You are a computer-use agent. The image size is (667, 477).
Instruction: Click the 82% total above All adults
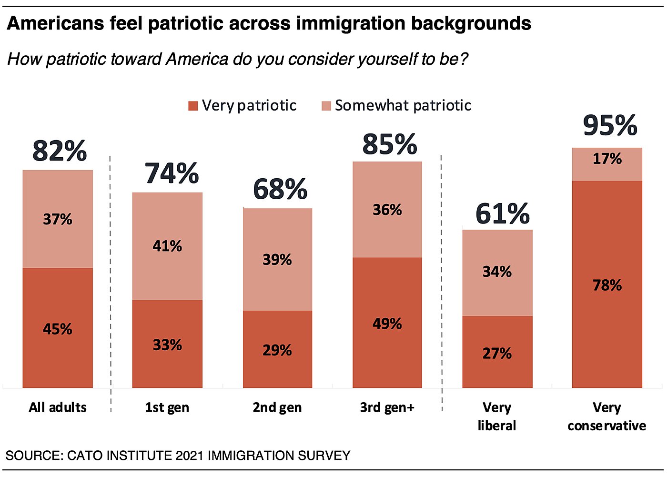click(60, 151)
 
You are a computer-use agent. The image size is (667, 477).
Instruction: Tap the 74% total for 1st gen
click(172, 173)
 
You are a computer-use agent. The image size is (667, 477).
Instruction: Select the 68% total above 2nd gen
click(280, 189)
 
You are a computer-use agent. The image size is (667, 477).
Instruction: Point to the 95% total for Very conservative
click(610, 126)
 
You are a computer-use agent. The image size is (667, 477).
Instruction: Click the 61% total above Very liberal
click(502, 214)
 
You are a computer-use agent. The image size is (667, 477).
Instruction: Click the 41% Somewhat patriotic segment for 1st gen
click(167, 246)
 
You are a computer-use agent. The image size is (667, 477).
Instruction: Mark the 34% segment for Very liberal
click(497, 272)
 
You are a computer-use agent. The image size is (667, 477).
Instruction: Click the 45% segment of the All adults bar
click(58, 329)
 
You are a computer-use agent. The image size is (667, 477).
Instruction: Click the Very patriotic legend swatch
click(193, 106)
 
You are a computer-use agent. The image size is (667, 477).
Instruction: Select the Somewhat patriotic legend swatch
click(326, 106)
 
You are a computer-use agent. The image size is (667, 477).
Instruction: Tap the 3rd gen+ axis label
click(387, 408)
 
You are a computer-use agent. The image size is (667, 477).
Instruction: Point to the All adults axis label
click(58, 408)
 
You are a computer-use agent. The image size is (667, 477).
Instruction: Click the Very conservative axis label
click(606, 416)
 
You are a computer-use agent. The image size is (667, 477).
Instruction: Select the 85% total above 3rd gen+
click(390, 145)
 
